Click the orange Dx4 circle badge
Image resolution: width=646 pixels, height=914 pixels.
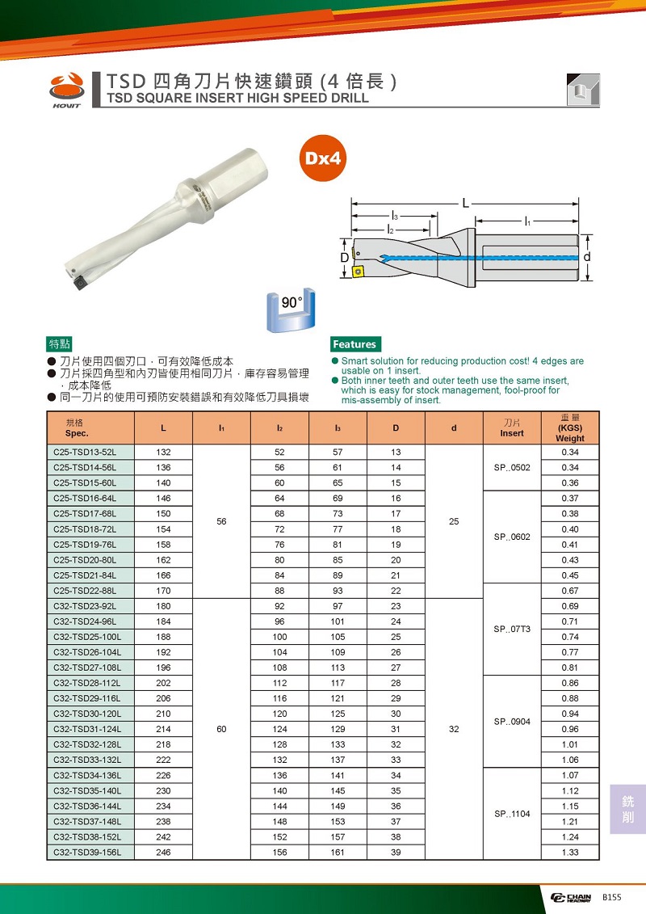pos(325,157)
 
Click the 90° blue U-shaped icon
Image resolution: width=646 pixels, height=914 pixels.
pos(289,312)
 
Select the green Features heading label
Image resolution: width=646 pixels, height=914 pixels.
pos(354,344)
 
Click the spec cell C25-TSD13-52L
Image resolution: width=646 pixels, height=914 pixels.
pos(90,452)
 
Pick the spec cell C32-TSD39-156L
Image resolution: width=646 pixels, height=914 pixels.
pos(90,853)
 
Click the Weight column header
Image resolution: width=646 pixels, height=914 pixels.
pos(569,428)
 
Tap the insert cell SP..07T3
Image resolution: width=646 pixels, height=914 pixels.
pos(511,629)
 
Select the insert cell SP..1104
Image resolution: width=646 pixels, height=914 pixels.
pos(511,814)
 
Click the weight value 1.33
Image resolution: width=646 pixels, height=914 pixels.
pos(569,853)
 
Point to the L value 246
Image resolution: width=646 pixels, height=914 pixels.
pos(164,853)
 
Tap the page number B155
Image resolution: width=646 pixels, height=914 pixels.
pos(612,897)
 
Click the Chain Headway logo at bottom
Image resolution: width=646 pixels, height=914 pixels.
pos(571,898)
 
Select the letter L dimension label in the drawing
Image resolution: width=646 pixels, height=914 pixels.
pos(466,202)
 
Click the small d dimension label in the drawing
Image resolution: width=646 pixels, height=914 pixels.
pos(587,256)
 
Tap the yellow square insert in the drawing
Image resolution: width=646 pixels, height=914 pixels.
pos(358,271)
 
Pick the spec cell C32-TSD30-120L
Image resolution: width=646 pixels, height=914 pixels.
pos(90,714)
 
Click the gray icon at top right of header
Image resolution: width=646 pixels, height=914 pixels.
pos(582,89)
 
